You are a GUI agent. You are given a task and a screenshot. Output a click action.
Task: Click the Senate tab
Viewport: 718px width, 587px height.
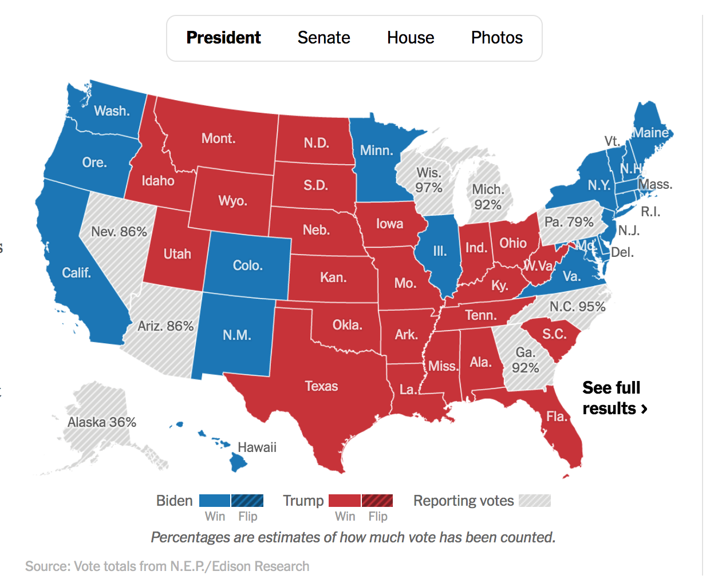click(324, 38)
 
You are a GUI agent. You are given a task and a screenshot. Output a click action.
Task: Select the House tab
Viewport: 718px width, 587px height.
click(411, 38)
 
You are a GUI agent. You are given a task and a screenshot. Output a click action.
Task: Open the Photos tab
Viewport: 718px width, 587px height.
click(496, 38)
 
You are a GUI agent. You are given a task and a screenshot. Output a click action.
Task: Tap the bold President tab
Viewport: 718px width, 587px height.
click(223, 38)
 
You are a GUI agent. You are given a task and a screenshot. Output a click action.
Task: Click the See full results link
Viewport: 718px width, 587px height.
click(614, 398)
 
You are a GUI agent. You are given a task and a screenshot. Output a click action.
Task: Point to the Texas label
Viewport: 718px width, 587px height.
click(321, 386)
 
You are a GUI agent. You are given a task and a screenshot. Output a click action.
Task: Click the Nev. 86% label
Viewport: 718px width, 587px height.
click(119, 232)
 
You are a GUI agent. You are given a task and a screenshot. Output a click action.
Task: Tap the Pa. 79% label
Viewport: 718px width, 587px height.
click(569, 222)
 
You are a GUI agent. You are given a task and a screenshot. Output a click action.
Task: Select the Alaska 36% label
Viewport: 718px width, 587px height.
click(102, 422)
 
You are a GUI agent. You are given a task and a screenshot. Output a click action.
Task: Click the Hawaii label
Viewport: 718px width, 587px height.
click(257, 447)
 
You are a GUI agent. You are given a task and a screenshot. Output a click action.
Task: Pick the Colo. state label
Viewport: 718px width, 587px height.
click(247, 265)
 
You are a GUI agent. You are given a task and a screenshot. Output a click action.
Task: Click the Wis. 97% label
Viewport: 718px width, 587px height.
click(429, 180)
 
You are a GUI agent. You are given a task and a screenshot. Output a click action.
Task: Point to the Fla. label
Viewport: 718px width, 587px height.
click(557, 417)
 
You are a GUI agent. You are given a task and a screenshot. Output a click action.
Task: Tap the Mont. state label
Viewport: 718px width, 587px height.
click(218, 138)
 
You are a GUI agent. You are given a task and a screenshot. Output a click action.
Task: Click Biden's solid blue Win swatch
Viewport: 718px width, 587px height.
click(215, 501)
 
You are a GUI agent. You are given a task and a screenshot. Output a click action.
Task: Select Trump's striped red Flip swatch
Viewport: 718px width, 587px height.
click(377, 501)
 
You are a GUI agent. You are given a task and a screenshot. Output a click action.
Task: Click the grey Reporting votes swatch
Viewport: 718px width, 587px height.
click(535, 501)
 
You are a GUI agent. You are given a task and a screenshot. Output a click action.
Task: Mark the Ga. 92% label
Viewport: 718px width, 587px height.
click(525, 360)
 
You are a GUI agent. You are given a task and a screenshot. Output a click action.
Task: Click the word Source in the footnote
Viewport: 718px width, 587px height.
click(48, 566)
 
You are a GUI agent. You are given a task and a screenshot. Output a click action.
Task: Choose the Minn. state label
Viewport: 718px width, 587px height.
click(376, 150)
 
